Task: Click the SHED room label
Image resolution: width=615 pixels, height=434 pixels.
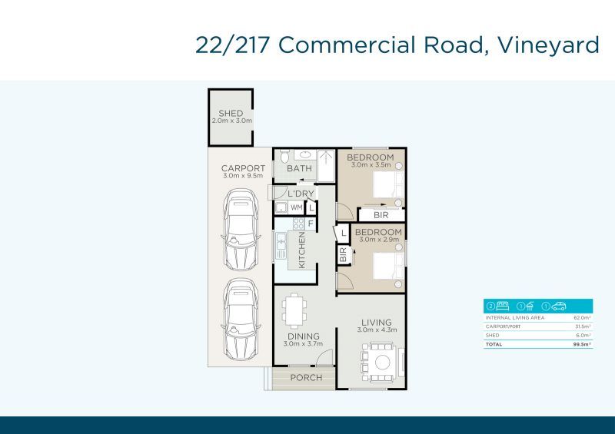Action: pyautogui.click(x=231, y=114)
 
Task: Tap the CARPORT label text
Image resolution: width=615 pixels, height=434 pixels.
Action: pyautogui.click(x=243, y=169)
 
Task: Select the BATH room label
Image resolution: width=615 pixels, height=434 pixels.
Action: pyautogui.click(x=299, y=169)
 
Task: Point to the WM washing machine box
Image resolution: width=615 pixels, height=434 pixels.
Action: pyautogui.click(x=296, y=207)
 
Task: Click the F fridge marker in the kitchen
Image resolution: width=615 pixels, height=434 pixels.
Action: pyautogui.click(x=311, y=224)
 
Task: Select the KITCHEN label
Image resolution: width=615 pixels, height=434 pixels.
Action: pyautogui.click(x=302, y=250)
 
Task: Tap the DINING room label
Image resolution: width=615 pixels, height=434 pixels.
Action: pyautogui.click(x=303, y=336)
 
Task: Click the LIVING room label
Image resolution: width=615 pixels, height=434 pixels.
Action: pyautogui.click(x=374, y=323)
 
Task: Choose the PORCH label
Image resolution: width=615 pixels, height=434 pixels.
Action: pyautogui.click(x=306, y=378)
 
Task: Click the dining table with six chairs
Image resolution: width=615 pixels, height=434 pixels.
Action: pyautogui.click(x=295, y=311)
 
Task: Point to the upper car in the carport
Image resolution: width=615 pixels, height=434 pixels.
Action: pyautogui.click(x=239, y=227)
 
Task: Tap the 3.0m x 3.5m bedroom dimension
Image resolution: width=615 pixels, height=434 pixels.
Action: pyautogui.click(x=371, y=165)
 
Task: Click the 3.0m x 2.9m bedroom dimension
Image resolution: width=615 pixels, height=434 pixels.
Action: pyautogui.click(x=378, y=240)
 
